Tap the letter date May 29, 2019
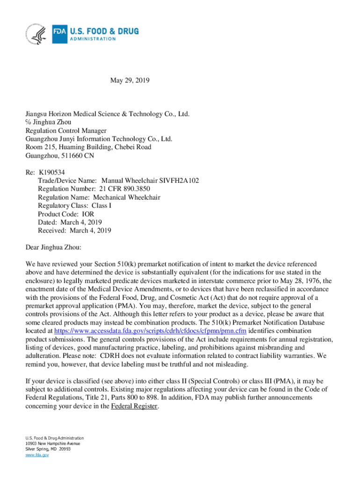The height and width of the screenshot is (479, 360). click(130, 81)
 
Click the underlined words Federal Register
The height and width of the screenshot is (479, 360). click(135, 406)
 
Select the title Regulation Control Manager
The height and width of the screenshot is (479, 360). click(66, 131)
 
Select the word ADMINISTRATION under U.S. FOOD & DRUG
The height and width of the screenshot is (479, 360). click(93, 39)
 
